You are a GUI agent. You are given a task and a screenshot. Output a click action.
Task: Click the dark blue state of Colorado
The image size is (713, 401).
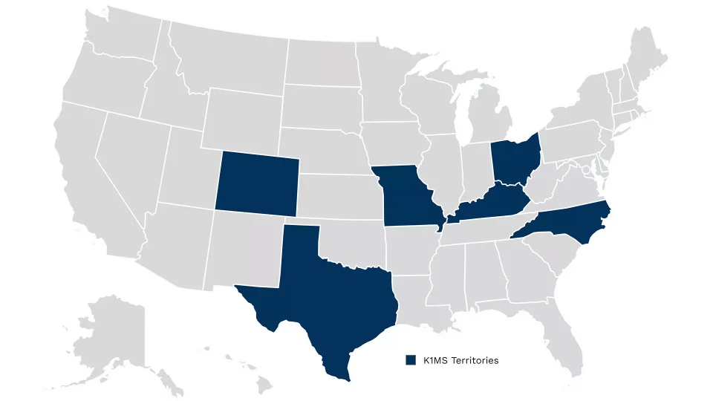click(x=257, y=183)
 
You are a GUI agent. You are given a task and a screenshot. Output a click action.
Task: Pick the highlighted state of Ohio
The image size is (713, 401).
click(x=514, y=160)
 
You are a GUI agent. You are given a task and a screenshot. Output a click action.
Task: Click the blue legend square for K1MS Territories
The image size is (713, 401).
click(x=410, y=360)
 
